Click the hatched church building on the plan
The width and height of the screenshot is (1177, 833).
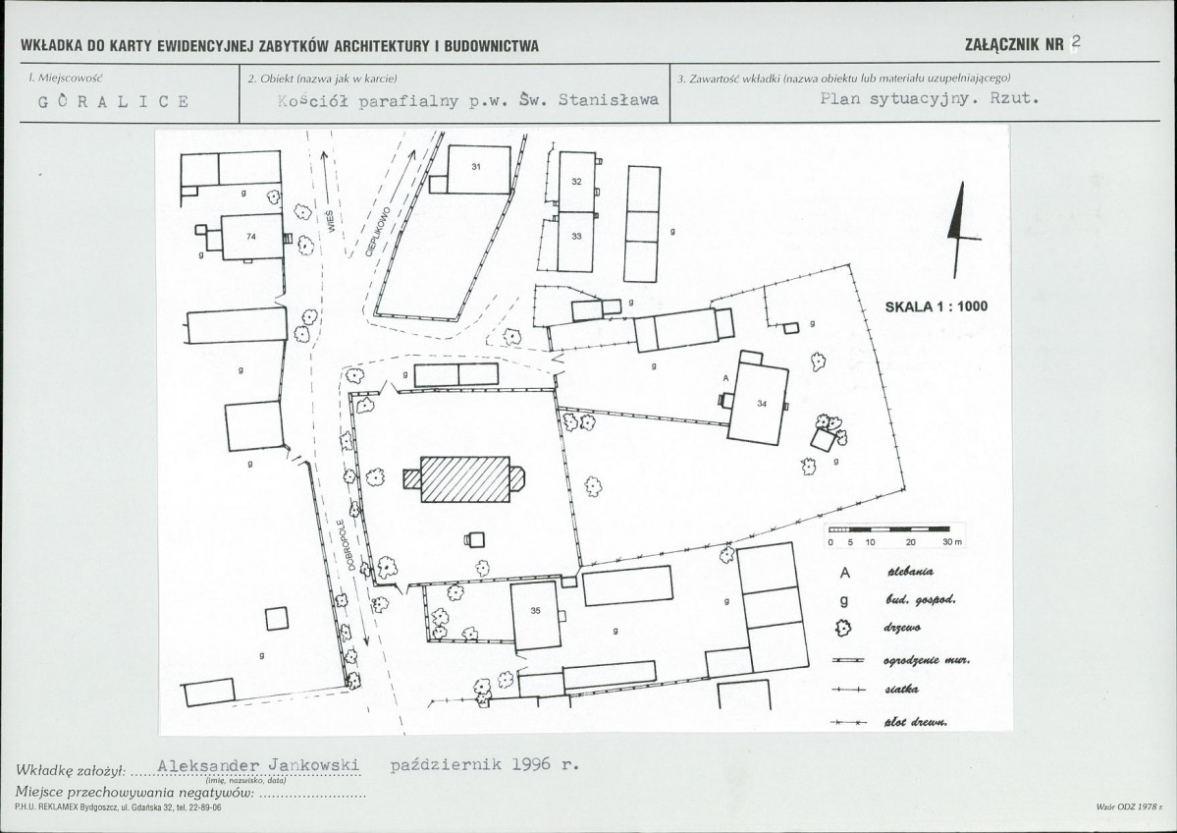[x=464, y=479]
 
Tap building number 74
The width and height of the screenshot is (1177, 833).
[x=252, y=237]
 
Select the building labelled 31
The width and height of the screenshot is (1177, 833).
[x=478, y=170]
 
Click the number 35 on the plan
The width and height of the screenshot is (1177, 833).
[x=535, y=611]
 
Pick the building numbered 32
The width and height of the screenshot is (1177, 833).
[x=576, y=182]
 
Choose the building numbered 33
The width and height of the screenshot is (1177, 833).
[x=576, y=242]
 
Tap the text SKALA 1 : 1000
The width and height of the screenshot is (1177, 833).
[x=936, y=306]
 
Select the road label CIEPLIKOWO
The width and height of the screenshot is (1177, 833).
[x=378, y=232]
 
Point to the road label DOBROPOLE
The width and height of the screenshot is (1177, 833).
[x=346, y=544]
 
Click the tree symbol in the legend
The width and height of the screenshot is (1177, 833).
[x=844, y=627]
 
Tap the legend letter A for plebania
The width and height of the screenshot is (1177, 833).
[x=844, y=573]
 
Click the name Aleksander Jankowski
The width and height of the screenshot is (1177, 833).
[x=259, y=765]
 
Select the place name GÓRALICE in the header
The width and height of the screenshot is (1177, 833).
[x=113, y=101]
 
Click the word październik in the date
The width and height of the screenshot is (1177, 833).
[x=445, y=765]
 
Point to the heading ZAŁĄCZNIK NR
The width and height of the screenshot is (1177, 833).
[x=1014, y=45]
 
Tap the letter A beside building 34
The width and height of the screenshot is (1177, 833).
[x=725, y=378]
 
